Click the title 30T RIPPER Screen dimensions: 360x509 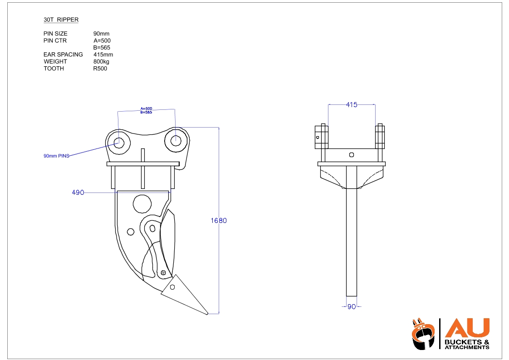click(x=61, y=20)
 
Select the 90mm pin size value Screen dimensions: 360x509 click(x=101, y=34)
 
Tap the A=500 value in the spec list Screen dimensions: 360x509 click(x=102, y=40)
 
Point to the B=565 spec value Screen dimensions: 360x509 click(x=102, y=48)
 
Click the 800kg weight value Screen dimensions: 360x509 click(x=101, y=61)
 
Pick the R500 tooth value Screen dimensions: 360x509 click(x=100, y=69)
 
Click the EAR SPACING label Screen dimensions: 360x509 click(x=63, y=54)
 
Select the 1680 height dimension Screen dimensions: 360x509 click(x=219, y=221)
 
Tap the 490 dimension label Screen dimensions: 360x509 click(x=78, y=192)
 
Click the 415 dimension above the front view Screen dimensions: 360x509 click(x=352, y=105)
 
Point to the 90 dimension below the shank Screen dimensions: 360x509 click(x=352, y=306)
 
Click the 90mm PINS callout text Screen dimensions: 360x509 click(x=56, y=156)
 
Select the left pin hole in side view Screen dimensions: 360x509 click(x=119, y=142)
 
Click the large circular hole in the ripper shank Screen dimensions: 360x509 click(x=142, y=203)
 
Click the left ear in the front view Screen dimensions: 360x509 click(x=321, y=136)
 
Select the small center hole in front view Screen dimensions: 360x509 click(x=352, y=155)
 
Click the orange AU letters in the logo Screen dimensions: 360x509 click(x=467, y=328)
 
